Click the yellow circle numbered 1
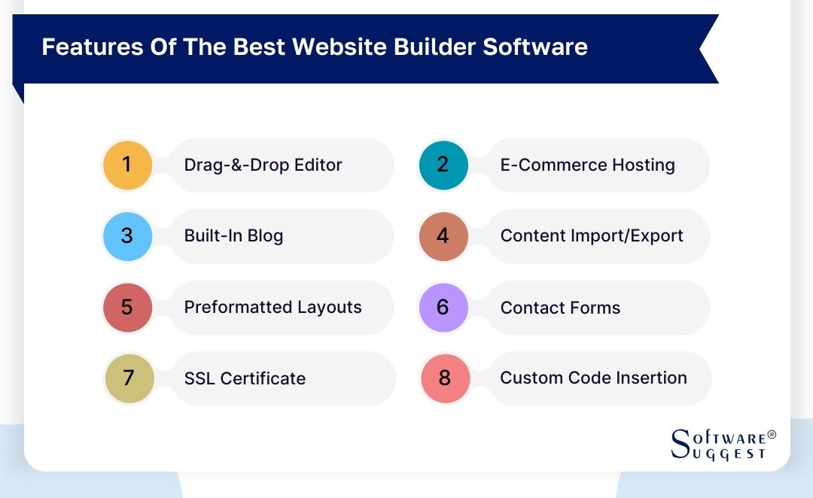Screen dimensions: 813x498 (x=127, y=165)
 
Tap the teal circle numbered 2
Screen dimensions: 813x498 (x=443, y=165)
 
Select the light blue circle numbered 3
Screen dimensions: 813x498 (x=127, y=236)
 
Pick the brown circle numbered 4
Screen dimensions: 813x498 (x=443, y=236)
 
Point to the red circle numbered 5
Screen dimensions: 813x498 (x=127, y=307)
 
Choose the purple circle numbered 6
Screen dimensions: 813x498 (x=443, y=307)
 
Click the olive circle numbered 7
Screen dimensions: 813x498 (x=129, y=378)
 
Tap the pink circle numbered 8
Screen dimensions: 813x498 (x=446, y=378)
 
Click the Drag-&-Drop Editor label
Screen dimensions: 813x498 (x=263, y=165)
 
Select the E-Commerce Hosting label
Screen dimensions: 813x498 (x=587, y=165)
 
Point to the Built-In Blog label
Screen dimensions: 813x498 (x=233, y=235)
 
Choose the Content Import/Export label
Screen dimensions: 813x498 (x=592, y=235)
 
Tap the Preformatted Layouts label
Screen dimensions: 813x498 (x=273, y=307)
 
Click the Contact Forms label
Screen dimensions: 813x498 (x=560, y=308)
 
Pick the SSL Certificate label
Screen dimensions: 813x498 (x=245, y=378)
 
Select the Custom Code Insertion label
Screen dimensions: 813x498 (x=593, y=378)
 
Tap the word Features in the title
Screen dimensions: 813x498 (x=92, y=47)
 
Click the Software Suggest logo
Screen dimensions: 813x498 (x=723, y=444)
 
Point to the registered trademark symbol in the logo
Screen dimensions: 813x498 (x=772, y=434)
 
